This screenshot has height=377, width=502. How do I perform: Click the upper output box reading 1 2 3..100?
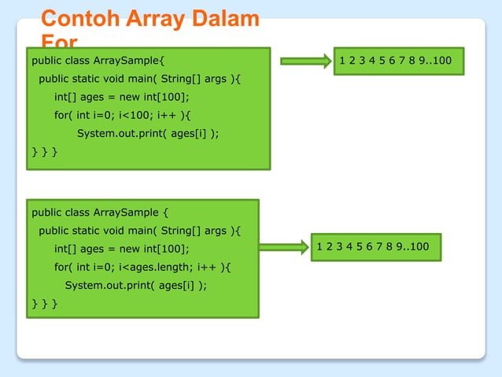point(399,61)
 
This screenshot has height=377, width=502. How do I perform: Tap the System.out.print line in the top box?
point(148,134)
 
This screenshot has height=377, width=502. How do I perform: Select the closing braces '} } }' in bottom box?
point(43,303)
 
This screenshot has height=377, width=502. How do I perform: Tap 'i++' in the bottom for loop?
point(208,267)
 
